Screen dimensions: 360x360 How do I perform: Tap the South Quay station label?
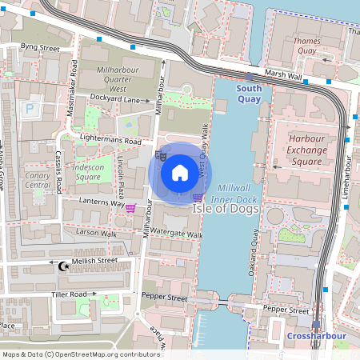pos(249,94)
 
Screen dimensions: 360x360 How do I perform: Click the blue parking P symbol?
pos(30,108)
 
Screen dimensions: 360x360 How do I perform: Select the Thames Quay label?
pos(306,46)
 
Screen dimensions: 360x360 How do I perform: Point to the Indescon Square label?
pos(89,172)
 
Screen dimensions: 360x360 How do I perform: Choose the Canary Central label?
pos(38,180)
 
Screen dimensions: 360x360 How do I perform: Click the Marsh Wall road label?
pos(282,75)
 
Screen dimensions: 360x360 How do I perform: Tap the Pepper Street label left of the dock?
pos(164,298)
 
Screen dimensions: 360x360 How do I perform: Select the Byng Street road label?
pos(40,48)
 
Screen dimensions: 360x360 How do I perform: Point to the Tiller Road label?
pos(69,294)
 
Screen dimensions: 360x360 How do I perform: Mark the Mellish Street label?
pos(95,261)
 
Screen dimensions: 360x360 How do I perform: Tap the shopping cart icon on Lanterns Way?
pos(130,208)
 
